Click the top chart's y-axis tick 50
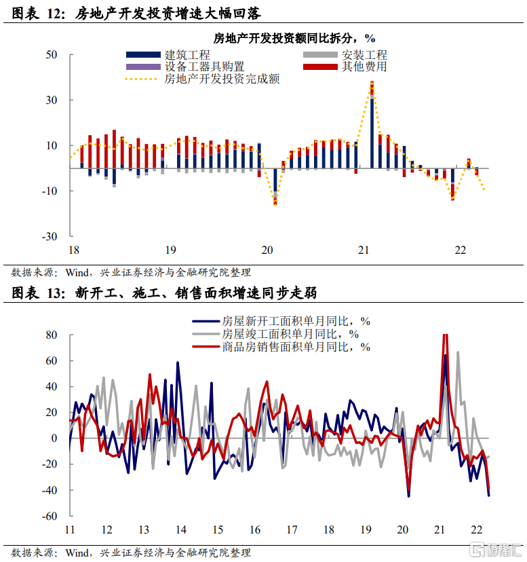coord(52,54)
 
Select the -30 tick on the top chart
coord(50,237)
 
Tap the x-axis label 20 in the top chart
coord(267,250)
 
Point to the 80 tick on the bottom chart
coord(52,335)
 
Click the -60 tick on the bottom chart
coord(50,516)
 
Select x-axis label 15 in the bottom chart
coord(217,529)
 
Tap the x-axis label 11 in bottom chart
coord(69,529)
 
